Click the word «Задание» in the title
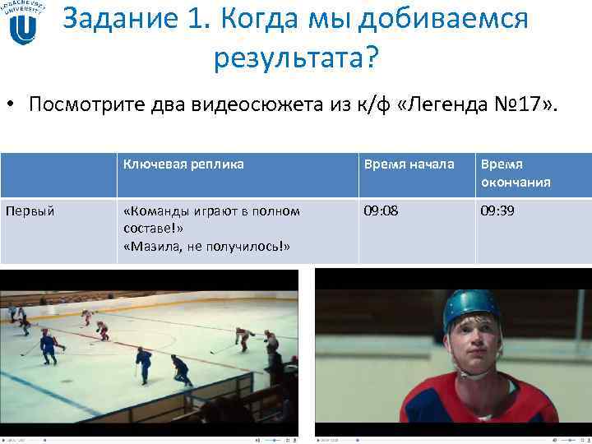coord(114,18)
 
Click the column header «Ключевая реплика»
coord(183,164)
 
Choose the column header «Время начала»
coord(409,164)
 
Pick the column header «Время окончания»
coord(516,173)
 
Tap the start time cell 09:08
coord(382,211)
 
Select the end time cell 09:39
coord(498,211)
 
